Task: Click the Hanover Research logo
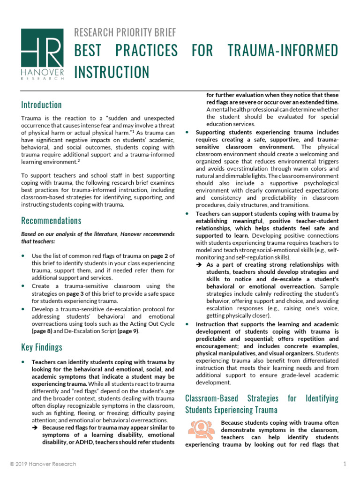[x=42, y=54]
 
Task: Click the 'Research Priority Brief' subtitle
[x=125, y=32]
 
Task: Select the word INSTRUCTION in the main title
[x=112, y=72]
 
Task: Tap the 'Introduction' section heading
[x=41, y=105]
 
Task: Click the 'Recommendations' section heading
[x=51, y=220]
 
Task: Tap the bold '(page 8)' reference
[x=44, y=330]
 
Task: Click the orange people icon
[x=199, y=428]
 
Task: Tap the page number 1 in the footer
[x=345, y=464]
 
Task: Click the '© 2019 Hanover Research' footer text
[x=43, y=464]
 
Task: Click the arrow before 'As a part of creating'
[x=199, y=265]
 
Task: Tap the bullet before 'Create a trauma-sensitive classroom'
[x=24, y=285]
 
